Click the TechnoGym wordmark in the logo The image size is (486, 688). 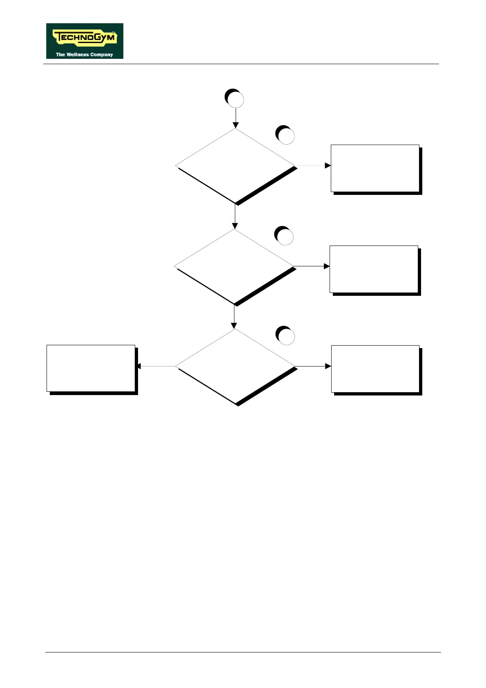click(x=85, y=38)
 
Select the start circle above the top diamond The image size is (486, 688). click(x=235, y=99)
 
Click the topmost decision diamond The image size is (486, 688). click(x=235, y=166)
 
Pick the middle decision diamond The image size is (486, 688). click(x=234, y=266)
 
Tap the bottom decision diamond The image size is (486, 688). click(x=235, y=366)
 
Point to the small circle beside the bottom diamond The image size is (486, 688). click(x=285, y=336)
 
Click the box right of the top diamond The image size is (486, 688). click(x=375, y=168)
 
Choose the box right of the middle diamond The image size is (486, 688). click(x=374, y=269)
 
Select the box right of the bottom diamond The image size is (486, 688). click(x=375, y=369)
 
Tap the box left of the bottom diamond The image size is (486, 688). click(x=91, y=368)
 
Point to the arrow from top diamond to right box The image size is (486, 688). click(x=312, y=166)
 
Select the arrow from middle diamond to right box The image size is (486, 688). click(x=312, y=266)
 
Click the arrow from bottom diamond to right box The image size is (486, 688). click(x=313, y=366)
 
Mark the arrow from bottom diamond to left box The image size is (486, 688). click(x=156, y=366)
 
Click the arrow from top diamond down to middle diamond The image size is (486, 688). click(x=235, y=216)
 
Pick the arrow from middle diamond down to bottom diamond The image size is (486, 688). click(x=234, y=317)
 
